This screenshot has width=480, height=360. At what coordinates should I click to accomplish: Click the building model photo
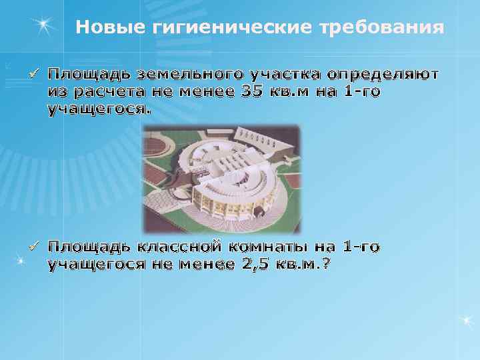[x=221, y=179]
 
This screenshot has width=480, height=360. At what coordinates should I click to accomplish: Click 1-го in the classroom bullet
[x=361, y=247]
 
